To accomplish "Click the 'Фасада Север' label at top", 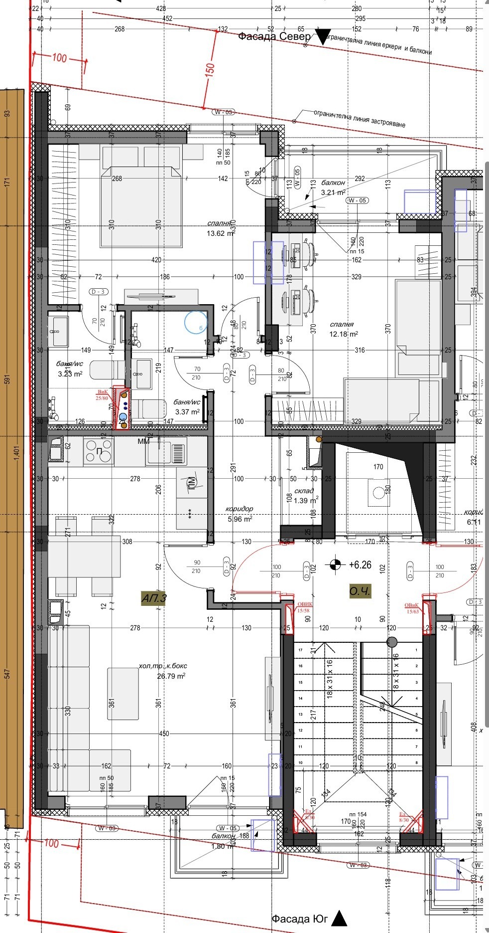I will point(274,36).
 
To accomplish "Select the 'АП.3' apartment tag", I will point(154,598).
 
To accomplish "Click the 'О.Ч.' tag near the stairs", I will point(360,591).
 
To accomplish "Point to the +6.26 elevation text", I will point(360,565).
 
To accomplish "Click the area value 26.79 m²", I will point(171,676).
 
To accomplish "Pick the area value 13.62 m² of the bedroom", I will point(220,233).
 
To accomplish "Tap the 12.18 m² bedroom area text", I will point(343,334).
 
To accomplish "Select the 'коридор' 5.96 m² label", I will point(240,514).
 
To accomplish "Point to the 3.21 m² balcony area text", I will point(333,192).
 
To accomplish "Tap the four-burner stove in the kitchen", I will point(99,451).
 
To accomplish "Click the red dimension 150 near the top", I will point(209,69).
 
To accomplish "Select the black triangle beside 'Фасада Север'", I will point(324,37).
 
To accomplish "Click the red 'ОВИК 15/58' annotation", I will point(303,606).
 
